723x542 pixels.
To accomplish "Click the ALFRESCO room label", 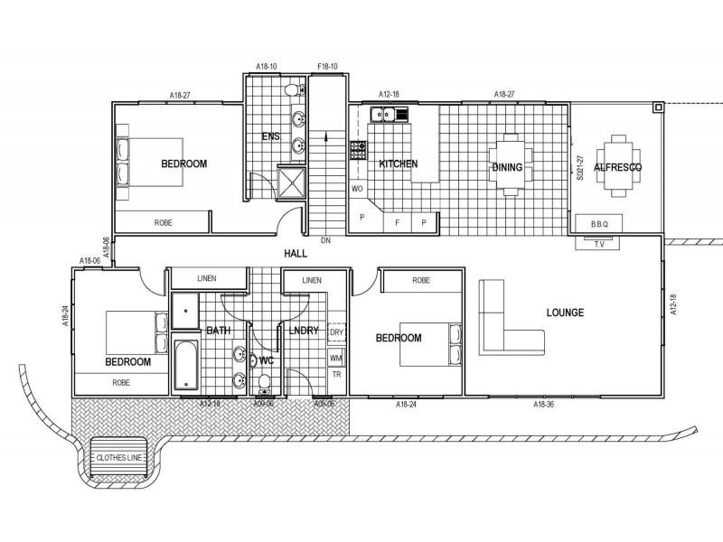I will [x=617, y=168].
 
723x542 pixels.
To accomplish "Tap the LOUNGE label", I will [x=565, y=313].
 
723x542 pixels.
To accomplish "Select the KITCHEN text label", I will [x=398, y=164].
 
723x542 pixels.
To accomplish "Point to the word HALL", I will [x=296, y=255].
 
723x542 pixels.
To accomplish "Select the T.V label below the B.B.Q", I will [x=597, y=244].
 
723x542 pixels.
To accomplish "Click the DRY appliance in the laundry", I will [x=335, y=332].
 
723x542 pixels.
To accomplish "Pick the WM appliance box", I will [x=335, y=358].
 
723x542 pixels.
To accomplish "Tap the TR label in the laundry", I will [x=336, y=374].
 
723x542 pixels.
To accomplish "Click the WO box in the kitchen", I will [x=357, y=189].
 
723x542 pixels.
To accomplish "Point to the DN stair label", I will [x=326, y=241].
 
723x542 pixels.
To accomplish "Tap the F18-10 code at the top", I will [x=327, y=67].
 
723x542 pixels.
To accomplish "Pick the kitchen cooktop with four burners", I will [x=358, y=151].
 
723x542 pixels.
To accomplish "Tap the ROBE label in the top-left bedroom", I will [x=163, y=222].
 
